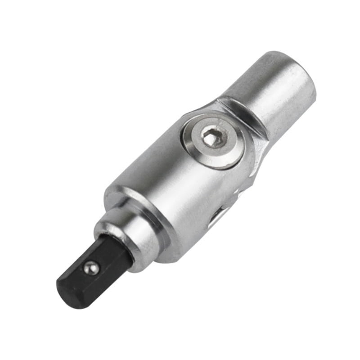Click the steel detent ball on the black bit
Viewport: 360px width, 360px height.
pyautogui.click(x=91, y=268)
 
